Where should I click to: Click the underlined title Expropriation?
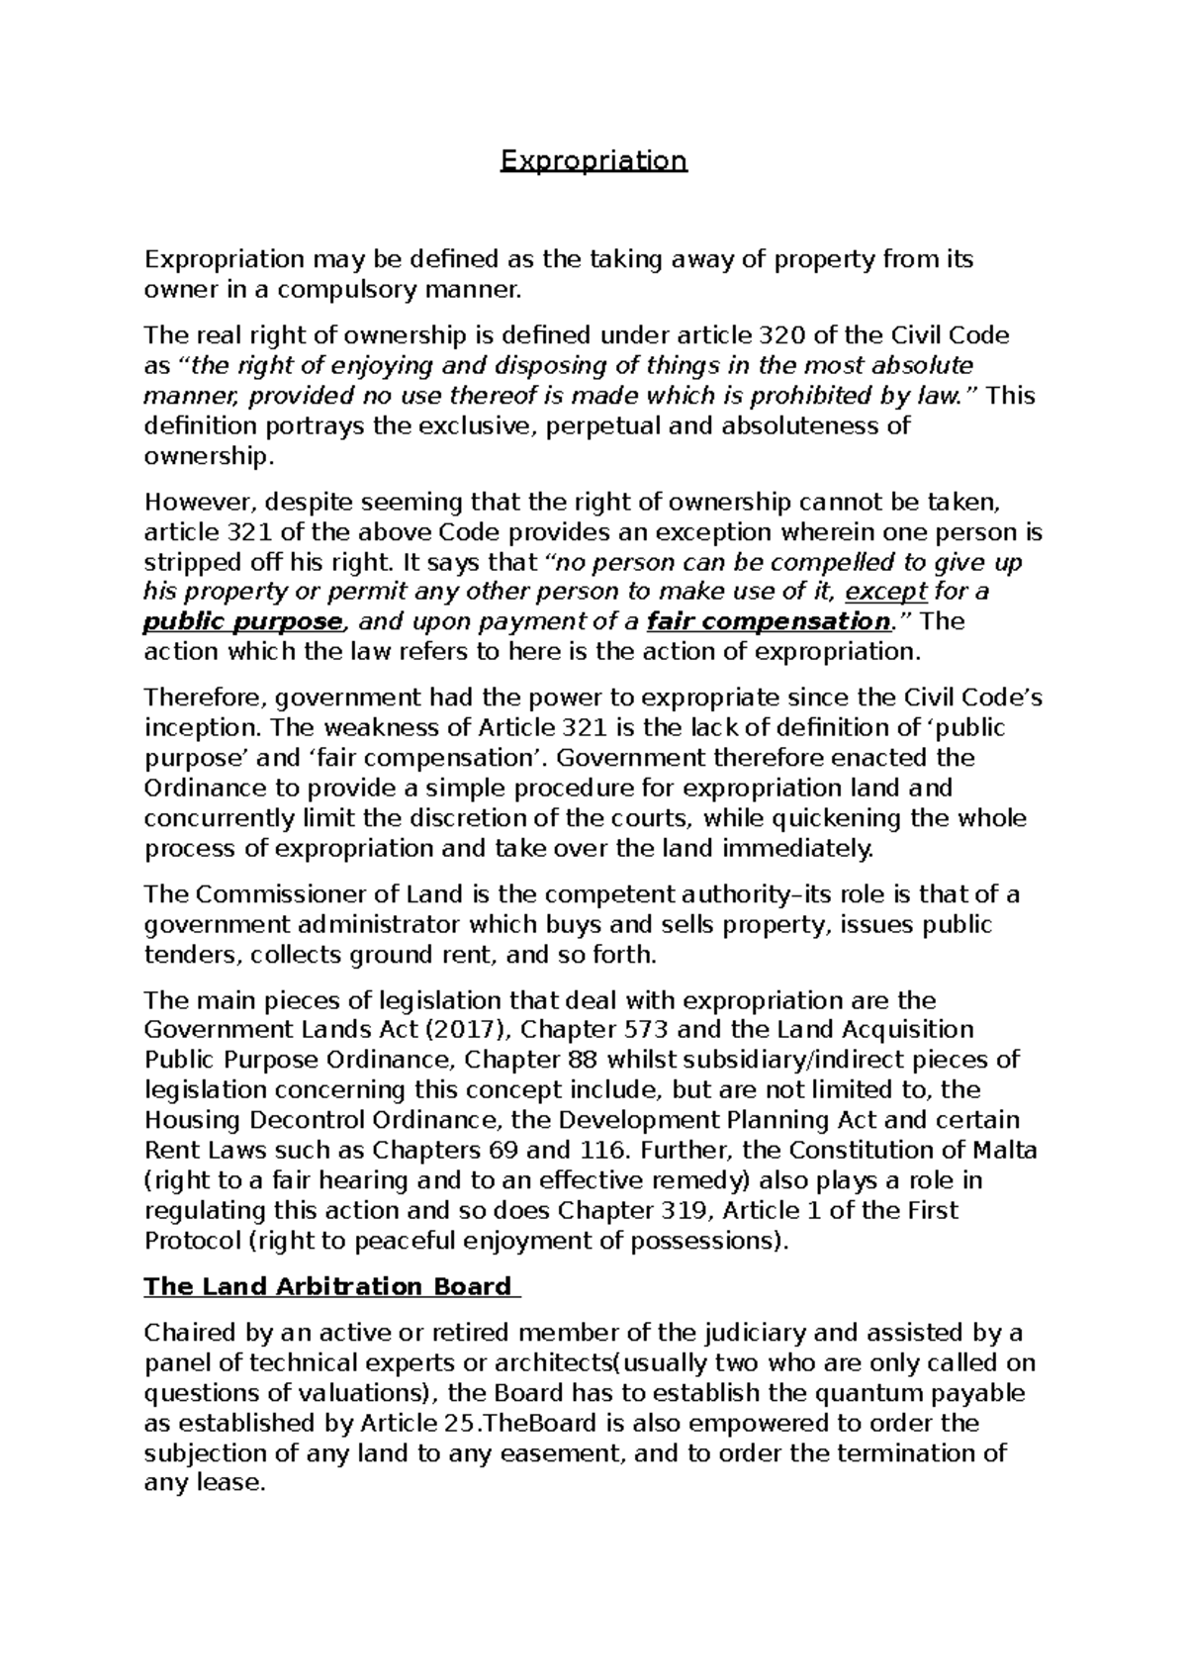pyautogui.click(x=593, y=160)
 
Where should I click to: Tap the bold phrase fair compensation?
pyautogui.click(x=768, y=622)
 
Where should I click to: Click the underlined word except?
pyautogui.click(x=887, y=592)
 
